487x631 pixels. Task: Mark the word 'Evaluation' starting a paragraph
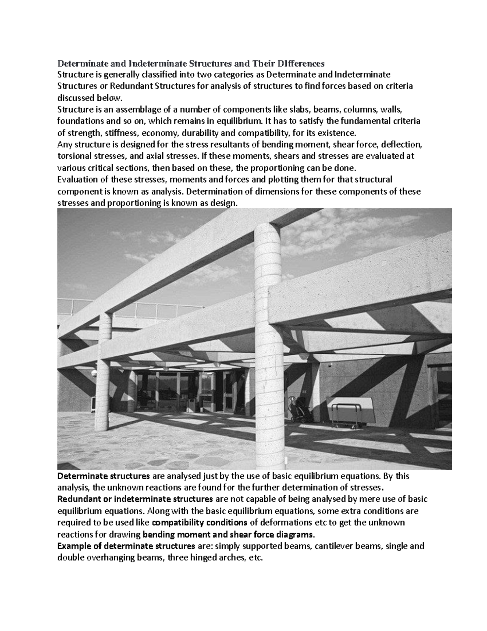pos(77,180)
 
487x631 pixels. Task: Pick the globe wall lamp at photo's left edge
pos(94,373)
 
